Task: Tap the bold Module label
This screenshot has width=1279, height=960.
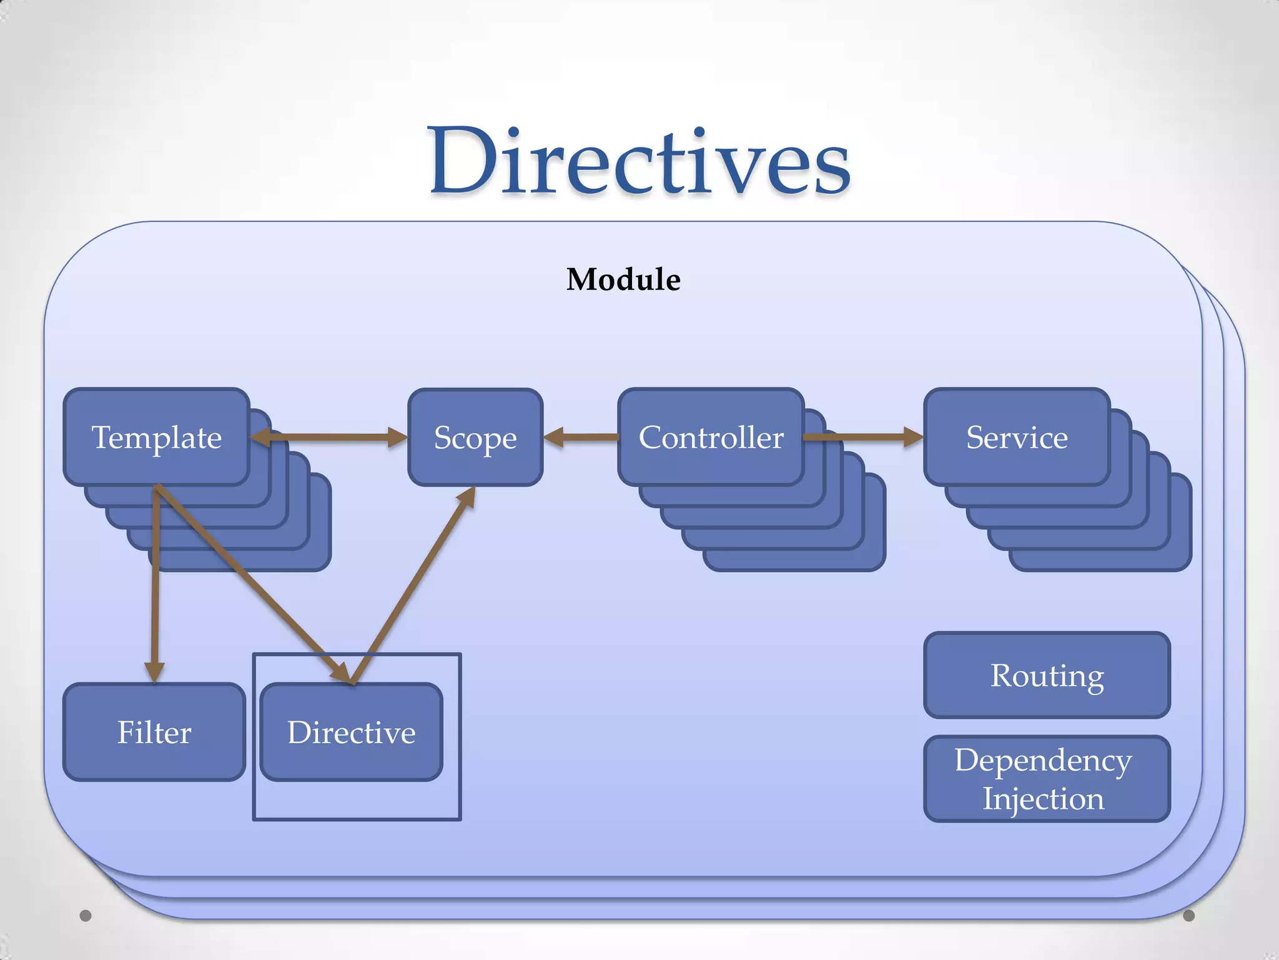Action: pos(623,279)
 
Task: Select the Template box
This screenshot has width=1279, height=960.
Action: pos(157,437)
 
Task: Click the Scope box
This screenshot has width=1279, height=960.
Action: pos(475,437)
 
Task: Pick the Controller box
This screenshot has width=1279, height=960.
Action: pos(711,437)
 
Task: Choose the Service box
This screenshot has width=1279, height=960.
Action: pos(1017,437)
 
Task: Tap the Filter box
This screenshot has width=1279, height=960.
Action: pos(154,732)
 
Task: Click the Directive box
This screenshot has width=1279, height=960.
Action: pos(351,732)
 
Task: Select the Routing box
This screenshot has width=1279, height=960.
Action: pos(1047,675)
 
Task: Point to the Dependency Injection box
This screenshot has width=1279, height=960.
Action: pos(1047,779)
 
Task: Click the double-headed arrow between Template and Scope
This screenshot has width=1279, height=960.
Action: pos(329,437)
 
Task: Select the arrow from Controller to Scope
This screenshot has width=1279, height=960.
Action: pos(581,437)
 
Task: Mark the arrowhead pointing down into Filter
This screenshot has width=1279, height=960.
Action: pos(154,671)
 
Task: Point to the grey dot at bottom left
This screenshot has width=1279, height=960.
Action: pos(86,916)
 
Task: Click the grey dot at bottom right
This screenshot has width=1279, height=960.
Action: pos(1189,916)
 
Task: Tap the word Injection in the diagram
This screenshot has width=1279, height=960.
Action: pos(1043,799)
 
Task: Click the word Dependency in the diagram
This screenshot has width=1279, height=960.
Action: pos(1043,760)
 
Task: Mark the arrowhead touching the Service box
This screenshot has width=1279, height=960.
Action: pos(912,437)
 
